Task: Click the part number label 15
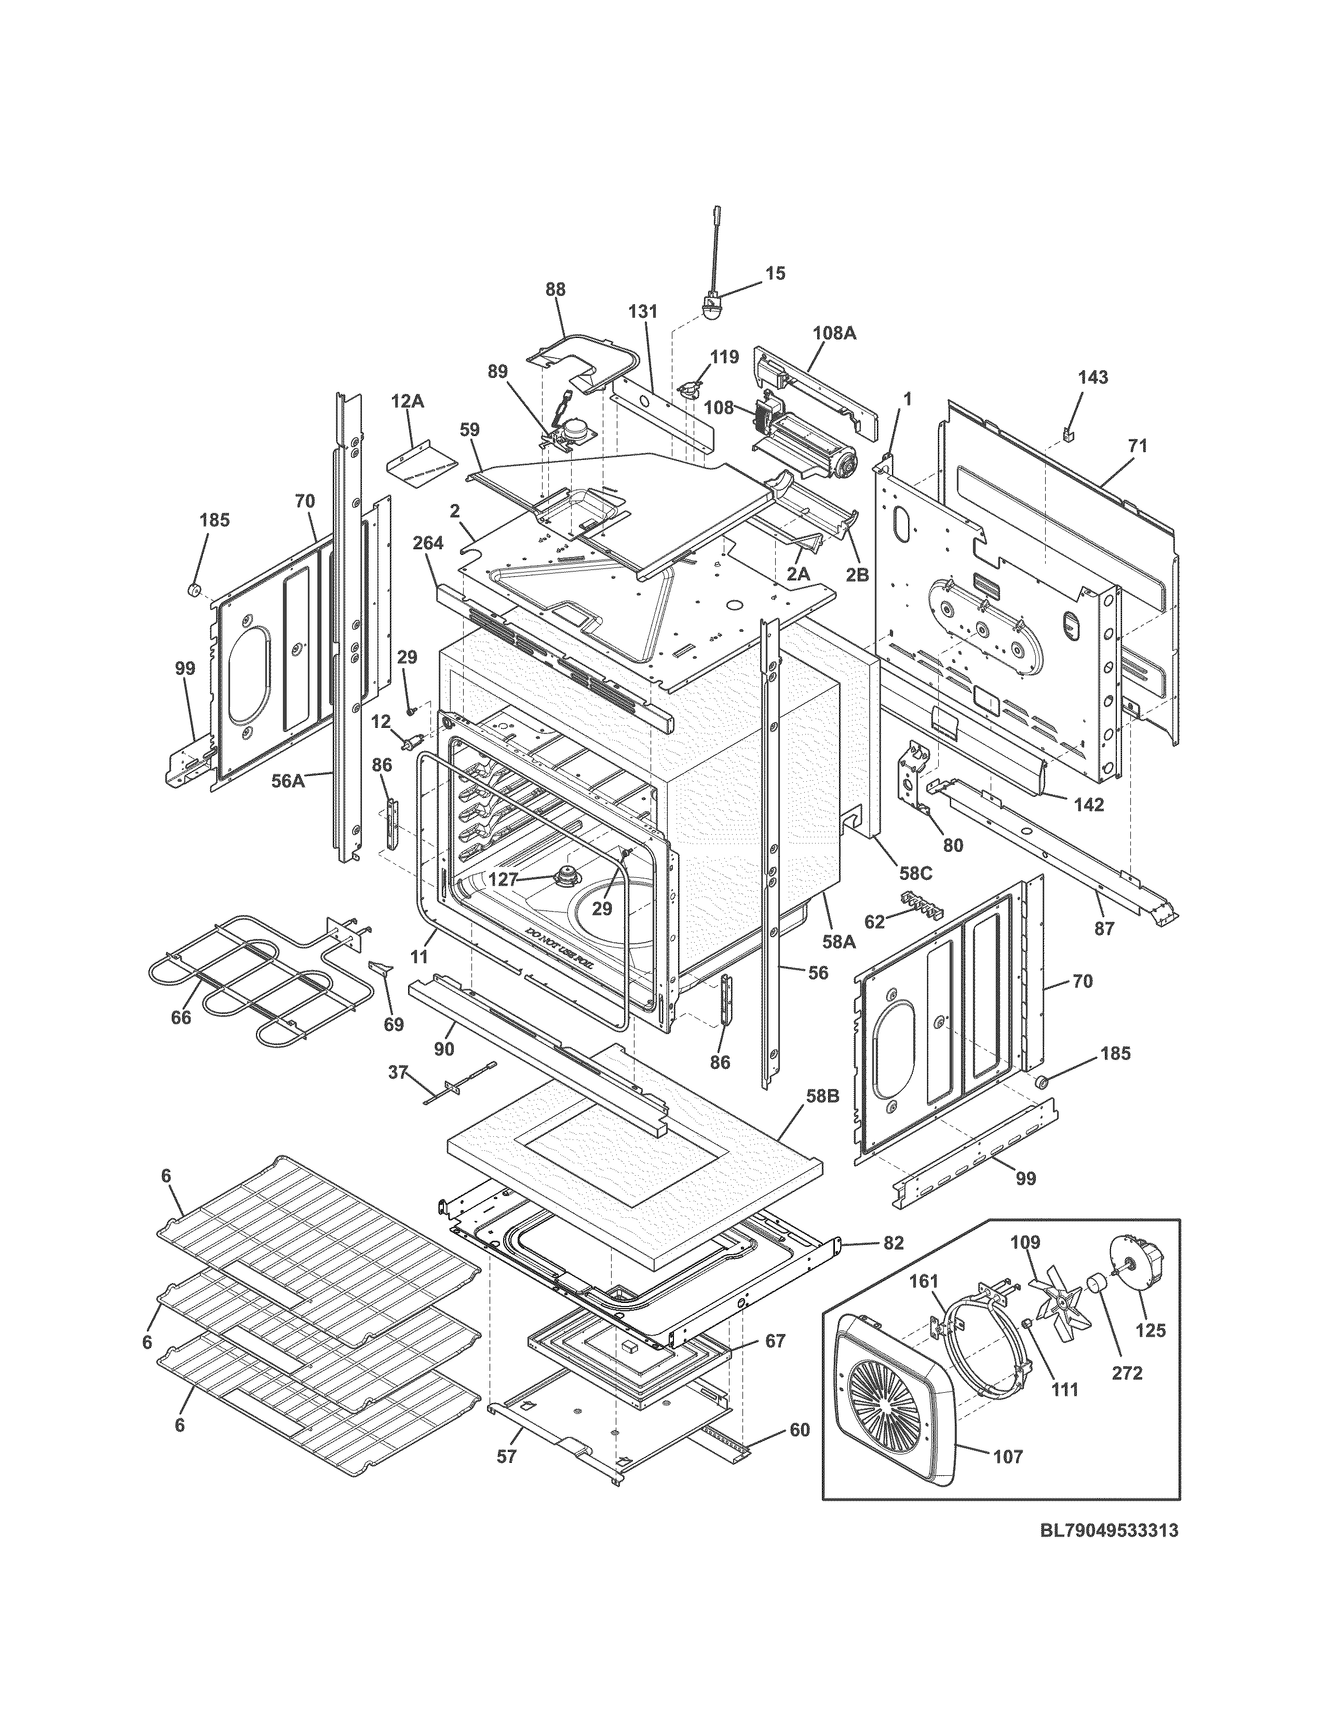click(x=775, y=274)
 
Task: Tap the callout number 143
click(x=1092, y=378)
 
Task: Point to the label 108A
click(x=834, y=333)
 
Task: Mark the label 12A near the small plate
click(x=408, y=402)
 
